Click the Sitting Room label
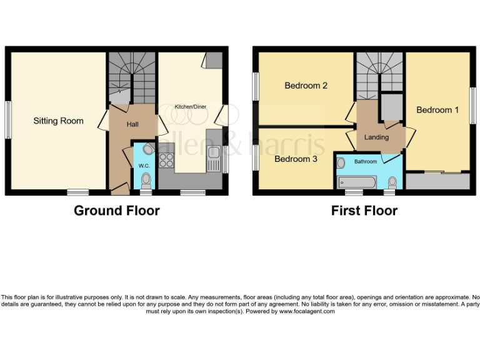pos(58,121)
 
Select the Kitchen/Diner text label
pos(190,107)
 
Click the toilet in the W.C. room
pos(146,180)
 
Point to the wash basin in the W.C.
pos(148,149)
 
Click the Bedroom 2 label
pos(306,86)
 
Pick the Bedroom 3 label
pos(296,159)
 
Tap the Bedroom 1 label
pos(437,110)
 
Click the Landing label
pos(376,137)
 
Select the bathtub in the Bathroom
pos(356,182)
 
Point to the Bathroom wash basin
pos(341,162)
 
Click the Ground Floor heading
pos(117,211)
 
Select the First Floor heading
pos(364,211)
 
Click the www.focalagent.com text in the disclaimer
pos(306,311)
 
